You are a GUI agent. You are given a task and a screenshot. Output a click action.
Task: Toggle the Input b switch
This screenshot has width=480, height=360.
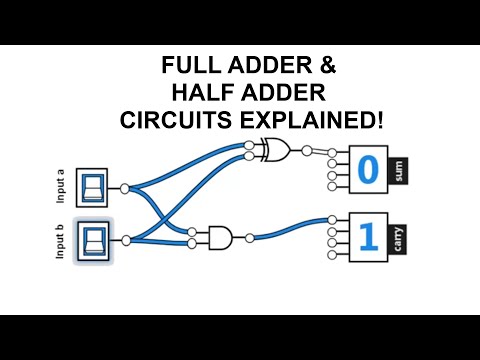pyautogui.click(x=94, y=240)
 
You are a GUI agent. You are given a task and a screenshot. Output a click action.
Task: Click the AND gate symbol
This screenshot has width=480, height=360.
pyautogui.click(x=218, y=238)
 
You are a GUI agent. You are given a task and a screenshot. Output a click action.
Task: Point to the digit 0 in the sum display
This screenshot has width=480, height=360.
pyautogui.click(x=367, y=170)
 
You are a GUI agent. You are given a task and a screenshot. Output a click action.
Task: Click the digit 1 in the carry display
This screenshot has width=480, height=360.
pyautogui.click(x=367, y=238)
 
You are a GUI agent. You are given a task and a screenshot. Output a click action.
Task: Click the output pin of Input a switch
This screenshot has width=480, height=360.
pyautogui.click(x=124, y=188)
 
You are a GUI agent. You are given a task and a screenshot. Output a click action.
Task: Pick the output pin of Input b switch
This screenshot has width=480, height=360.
pyautogui.click(x=124, y=240)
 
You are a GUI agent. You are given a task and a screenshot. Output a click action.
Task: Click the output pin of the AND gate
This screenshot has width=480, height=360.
pyautogui.click(x=248, y=238)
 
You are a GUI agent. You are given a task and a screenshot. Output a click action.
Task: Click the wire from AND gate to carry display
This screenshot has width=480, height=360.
pyautogui.click(x=290, y=229)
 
